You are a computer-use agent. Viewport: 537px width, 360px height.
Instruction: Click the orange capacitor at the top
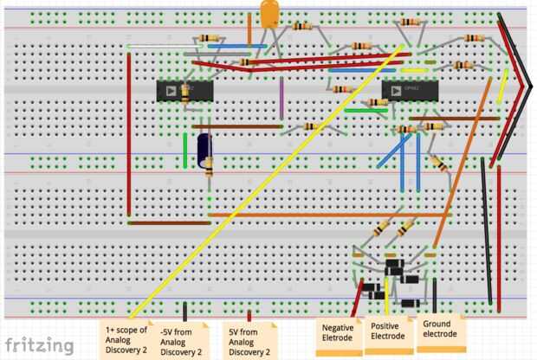(x=270, y=12)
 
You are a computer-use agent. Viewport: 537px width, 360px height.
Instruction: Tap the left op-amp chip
(x=184, y=89)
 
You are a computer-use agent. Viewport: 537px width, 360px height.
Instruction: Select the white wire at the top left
(x=159, y=46)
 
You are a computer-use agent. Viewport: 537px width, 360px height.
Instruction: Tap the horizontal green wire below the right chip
(x=366, y=111)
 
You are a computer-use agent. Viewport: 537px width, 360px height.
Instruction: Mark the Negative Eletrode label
(x=339, y=334)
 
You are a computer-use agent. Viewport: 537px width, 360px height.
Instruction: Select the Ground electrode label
(x=439, y=330)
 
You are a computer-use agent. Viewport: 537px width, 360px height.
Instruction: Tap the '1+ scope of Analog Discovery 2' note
(x=126, y=339)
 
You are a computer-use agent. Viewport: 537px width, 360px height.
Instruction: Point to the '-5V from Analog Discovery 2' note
(x=183, y=341)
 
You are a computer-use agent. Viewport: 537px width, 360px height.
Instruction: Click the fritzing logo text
(x=40, y=344)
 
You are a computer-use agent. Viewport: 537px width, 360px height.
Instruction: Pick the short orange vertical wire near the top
(x=249, y=29)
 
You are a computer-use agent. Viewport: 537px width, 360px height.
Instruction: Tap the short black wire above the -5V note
(x=184, y=312)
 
